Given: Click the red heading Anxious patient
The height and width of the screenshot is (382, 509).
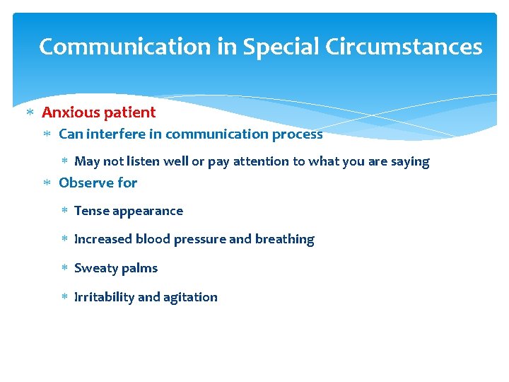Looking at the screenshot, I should point(99,112).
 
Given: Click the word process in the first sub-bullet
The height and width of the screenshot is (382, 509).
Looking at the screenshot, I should point(298,134).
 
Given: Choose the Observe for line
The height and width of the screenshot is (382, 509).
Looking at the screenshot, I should point(98,183).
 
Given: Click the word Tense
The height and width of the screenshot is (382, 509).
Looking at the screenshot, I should point(90,211).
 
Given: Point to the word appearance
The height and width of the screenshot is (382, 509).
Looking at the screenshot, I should point(146,212).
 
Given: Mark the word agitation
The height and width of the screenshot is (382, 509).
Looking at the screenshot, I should point(191,298).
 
